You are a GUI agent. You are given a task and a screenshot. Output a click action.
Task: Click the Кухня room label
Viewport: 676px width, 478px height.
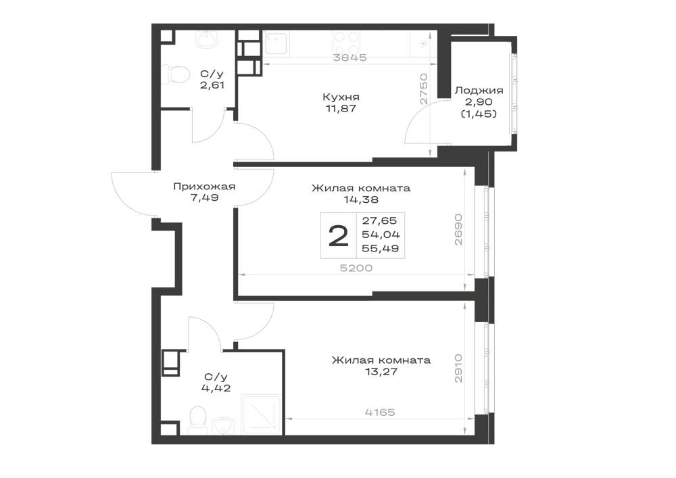click(x=341, y=97)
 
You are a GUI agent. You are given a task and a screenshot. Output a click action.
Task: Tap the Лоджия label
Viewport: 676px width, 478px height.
click(x=479, y=91)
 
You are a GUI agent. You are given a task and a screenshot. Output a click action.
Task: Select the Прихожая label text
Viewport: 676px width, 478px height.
click(x=204, y=187)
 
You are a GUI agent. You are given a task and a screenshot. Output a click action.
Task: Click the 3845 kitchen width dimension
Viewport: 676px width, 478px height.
click(x=350, y=57)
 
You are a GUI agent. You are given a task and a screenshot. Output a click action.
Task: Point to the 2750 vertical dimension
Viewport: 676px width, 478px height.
click(x=424, y=89)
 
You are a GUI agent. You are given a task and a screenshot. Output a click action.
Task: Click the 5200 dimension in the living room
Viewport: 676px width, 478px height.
click(x=356, y=268)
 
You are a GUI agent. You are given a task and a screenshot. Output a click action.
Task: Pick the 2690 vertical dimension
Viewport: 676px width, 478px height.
click(x=458, y=229)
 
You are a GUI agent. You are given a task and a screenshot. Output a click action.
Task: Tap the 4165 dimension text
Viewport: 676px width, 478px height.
click(x=380, y=412)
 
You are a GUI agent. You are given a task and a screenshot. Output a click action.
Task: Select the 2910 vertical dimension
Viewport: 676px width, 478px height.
click(x=458, y=368)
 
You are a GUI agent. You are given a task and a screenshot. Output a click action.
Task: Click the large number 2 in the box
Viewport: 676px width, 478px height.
click(x=339, y=236)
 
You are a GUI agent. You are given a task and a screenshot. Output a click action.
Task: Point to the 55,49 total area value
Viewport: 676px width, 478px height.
click(x=381, y=248)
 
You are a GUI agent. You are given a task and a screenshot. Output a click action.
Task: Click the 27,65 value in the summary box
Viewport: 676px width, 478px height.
click(x=379, y=220)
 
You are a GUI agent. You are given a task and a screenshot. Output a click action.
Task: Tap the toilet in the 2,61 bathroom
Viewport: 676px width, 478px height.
click(x=178, y=74)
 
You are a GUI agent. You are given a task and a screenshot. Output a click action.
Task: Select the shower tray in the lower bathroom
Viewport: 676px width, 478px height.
click(x=262, y=414)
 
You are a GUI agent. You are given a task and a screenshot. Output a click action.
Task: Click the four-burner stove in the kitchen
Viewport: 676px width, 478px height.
click(x=346, y=43)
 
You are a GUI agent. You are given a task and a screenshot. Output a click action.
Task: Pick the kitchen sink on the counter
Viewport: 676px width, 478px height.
click(x=276, y=43)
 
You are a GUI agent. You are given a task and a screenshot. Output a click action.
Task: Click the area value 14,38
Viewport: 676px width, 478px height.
click(x=361, y=199)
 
